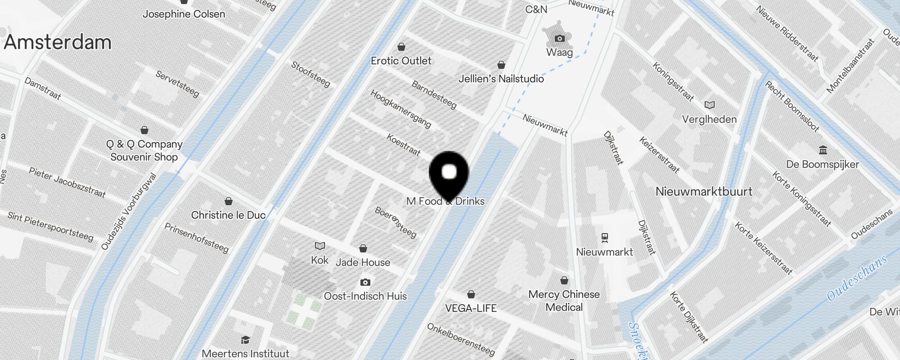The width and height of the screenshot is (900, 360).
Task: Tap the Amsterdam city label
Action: tap(58, 42)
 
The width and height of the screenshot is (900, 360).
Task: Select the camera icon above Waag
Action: tap(559, 38)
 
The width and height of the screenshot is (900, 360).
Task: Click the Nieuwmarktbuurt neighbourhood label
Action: tap(704, 192)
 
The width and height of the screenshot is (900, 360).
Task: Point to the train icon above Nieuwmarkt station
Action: tap(605, 237)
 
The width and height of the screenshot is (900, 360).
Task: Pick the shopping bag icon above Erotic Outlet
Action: tap(401, 47)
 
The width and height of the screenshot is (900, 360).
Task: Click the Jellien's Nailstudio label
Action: tap(501, 79)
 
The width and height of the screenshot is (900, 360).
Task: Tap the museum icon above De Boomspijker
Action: tap(823, 150)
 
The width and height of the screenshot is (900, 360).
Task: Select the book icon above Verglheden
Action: tap(710, 105)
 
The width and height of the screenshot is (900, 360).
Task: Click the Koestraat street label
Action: tap(404, 145)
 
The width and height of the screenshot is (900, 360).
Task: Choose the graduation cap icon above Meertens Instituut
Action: tap(245, 340)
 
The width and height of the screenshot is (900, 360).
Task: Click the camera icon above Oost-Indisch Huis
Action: tap(365, 283)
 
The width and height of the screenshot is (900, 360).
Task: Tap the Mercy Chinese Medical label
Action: tap(564, 301)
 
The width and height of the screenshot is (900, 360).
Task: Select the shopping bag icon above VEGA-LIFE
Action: tap(471, 295)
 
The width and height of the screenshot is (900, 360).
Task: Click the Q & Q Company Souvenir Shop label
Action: tap(144, 150)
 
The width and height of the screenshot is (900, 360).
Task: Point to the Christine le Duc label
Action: tap(228, 215)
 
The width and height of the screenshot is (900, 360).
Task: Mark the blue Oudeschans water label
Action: tap(857, 278)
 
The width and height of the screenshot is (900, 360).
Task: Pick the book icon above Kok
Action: tap(319, 246)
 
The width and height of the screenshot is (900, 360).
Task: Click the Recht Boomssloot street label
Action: tap(792, 106)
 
